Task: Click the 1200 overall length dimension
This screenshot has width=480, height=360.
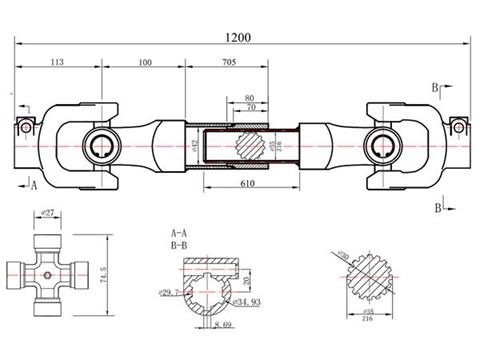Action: [238, 37]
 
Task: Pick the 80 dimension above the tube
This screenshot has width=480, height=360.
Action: [249, 97]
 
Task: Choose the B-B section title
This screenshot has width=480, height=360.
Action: [181, 243]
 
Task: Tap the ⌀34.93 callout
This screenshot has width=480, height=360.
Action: [245, 301]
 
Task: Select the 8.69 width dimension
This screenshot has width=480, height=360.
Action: [225, 326]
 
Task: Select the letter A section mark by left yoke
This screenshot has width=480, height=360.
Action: [33, 185]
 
